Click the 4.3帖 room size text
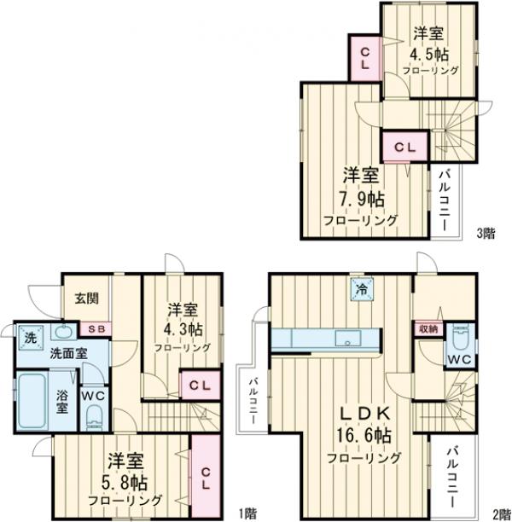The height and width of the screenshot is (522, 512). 183,329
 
